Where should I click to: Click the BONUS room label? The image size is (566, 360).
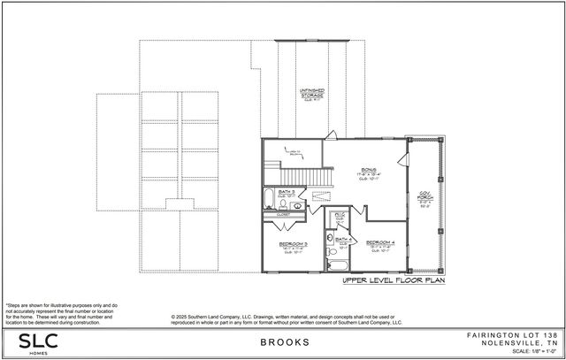pyautogui.click(x=368, y=170)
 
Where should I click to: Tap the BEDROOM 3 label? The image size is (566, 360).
pyautogui.click(x=293, y=243)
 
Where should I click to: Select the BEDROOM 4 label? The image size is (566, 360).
pyautogui.click(x=381, y=241)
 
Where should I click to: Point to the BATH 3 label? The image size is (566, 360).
pyautogui.click(x=287, y=190)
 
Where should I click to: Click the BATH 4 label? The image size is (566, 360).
pyautogui.click(x=344, y=239)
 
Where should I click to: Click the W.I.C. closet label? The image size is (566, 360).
pyautogui.click(x=340, y=214)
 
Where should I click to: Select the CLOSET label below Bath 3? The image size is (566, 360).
pyautogui.click(x=283, y=213)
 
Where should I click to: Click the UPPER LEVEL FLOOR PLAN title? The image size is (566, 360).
pyautogui.click(x=393, y=280)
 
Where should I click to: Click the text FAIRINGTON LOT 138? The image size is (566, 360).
pyautogui.click(x=512, y=336)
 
